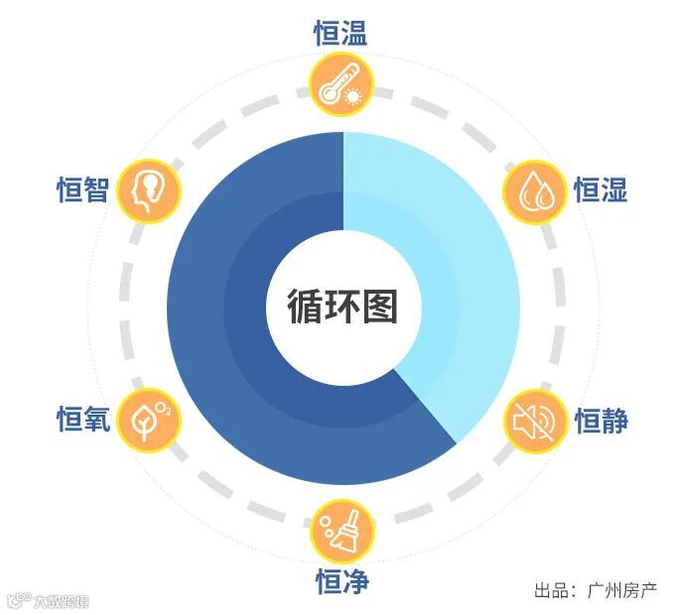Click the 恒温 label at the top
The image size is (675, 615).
coord(340,35)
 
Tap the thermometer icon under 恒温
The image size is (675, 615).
coord(339,83)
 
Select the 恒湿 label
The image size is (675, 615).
coord(601,188)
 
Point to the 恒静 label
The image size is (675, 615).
coord(601,421)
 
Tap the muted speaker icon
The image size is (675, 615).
coord(537,422)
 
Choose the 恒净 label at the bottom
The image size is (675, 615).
coord(340,581)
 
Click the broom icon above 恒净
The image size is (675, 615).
coord(342,532)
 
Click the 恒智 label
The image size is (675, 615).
coord(82,188)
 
